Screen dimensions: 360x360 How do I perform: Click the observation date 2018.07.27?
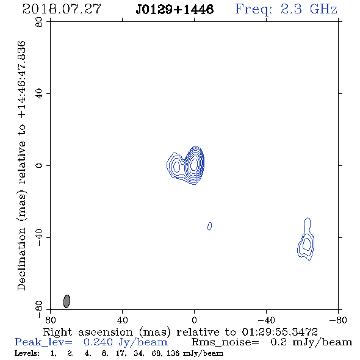62,9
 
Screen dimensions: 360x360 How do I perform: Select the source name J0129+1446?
175,10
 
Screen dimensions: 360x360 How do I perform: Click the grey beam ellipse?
67,301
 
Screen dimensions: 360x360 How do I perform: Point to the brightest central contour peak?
194,164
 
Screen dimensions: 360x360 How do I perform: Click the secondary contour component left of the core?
176,166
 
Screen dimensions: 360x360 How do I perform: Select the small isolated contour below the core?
209,226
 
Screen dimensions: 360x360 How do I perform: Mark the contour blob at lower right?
306,240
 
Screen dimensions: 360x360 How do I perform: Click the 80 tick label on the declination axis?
39,22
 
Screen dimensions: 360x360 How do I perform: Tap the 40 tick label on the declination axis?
39,94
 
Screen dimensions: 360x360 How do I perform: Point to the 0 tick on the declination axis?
39,165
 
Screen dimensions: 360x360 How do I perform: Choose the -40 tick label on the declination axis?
39,237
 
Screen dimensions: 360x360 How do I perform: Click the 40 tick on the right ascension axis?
122,320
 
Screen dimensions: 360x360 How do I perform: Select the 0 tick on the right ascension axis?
194,320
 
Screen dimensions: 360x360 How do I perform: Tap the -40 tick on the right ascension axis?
266,320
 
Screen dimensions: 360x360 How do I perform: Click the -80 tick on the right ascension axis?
338,320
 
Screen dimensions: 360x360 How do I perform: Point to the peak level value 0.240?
98,342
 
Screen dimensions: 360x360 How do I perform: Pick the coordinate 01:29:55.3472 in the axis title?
279,332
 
